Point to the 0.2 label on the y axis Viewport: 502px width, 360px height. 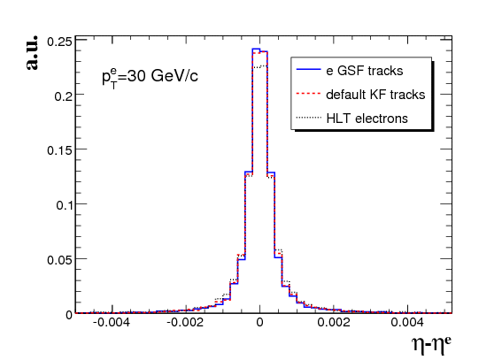pos(64,96)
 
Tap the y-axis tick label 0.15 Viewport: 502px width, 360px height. pos(60,150)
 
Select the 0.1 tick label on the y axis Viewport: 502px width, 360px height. pos(65,205)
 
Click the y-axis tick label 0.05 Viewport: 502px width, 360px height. pos(60,260)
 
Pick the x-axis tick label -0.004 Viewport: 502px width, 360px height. pos(112,322)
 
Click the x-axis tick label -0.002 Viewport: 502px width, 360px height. pos(185,322)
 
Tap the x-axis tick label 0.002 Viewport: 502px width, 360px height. pos(334,322)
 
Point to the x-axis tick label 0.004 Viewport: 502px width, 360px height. pos(407,322)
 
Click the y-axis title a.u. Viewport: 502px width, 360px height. pos(32,53)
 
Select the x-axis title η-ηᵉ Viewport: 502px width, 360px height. pos(431,344)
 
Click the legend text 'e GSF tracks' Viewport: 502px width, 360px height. pos(365,71)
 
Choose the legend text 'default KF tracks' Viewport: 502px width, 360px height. pos(375,95)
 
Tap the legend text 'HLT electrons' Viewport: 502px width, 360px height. pos(367,119)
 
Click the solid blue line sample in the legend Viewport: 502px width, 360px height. pos(309,69)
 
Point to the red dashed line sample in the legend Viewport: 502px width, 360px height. pos(309,94)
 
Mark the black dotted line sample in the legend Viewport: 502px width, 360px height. pos(309,118)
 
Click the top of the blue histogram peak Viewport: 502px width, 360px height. pos(256,49)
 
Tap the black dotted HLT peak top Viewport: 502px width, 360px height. pos(259,67)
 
